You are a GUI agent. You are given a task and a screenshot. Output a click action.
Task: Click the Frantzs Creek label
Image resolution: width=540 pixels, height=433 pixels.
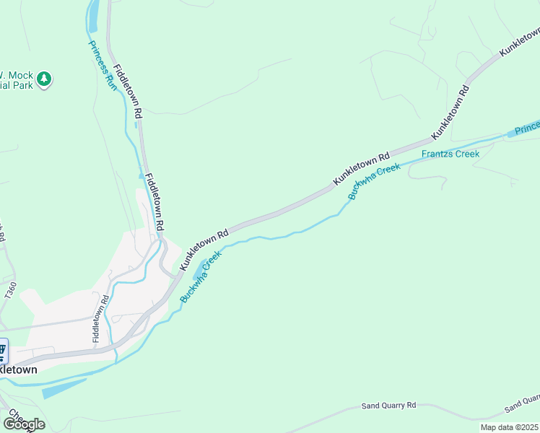tap(450, 154)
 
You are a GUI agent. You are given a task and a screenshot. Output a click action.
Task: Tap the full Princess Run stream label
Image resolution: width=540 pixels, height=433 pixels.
tap(101, 65)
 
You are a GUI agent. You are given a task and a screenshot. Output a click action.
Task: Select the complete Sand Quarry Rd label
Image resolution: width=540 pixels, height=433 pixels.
tap(389, 406)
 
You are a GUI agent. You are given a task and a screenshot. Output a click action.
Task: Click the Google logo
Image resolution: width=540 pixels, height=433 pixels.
tap(23, 424)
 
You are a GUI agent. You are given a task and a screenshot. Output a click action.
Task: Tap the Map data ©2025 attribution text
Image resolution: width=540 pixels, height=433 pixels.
tap(509, 427)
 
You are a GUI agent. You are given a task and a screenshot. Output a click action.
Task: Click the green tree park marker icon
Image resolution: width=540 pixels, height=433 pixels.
tap(44, 78)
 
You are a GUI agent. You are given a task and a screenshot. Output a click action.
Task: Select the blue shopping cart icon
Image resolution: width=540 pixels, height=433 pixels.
tap(2, 351)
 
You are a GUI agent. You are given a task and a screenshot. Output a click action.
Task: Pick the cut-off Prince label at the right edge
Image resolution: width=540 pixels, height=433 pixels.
tap(526, 128)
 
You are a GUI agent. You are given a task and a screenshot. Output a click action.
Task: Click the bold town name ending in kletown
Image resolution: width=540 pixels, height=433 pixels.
tap(17, 369)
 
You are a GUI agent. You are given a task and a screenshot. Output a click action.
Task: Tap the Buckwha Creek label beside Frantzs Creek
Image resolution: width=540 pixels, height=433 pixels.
tap(374, 181)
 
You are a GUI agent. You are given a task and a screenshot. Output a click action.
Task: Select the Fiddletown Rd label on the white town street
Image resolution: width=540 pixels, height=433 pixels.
tap(100, 318)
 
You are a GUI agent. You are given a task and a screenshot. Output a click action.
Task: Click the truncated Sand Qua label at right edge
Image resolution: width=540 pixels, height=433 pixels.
tap(522, 403)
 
